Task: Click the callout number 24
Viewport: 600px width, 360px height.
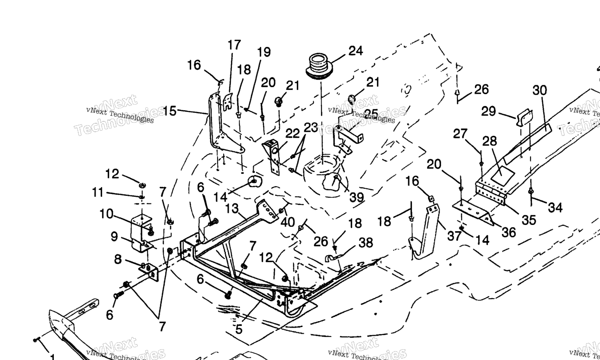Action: (x=356, y=51)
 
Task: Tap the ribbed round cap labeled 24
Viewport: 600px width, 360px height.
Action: (x=319, y=65)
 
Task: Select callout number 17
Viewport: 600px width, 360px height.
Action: (x=234, y=45)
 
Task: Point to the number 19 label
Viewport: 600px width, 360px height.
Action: (x=264, y=52)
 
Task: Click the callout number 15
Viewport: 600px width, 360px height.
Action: (x=170, y=111)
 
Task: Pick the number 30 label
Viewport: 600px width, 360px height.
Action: (x=540, y=90)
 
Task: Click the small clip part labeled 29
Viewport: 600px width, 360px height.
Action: (x=524, y=117)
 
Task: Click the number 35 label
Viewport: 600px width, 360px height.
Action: (x=529, y=220)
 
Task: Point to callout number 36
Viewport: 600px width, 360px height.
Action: (x=509, y=232)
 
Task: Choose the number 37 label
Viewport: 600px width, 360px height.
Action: (x=454, y=236)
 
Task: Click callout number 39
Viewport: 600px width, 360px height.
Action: (x=356, y=197)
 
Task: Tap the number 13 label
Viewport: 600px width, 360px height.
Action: (x=232, y=209)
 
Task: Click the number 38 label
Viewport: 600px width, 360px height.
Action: (x=366, y=242)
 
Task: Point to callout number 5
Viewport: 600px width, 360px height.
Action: (x=239, y=330)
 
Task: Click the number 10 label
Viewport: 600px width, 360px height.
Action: (x=106, y=214)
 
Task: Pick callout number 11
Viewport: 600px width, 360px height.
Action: (x=97, y=192)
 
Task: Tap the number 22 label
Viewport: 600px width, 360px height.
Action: (x=292, y=134)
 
